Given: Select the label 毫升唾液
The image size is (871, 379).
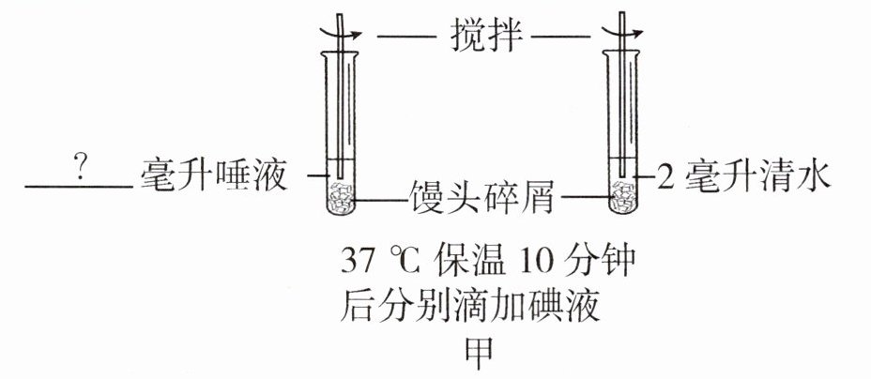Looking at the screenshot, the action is (213, 175).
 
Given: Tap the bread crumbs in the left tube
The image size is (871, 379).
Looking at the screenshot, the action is (339, 198).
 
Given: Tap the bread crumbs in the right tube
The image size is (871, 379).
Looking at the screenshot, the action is (623, 198).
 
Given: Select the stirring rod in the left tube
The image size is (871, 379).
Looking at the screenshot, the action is (339, 103).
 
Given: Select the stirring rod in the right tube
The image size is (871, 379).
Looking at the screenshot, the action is (623, 103).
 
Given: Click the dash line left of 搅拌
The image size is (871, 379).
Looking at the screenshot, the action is (405, 38).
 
